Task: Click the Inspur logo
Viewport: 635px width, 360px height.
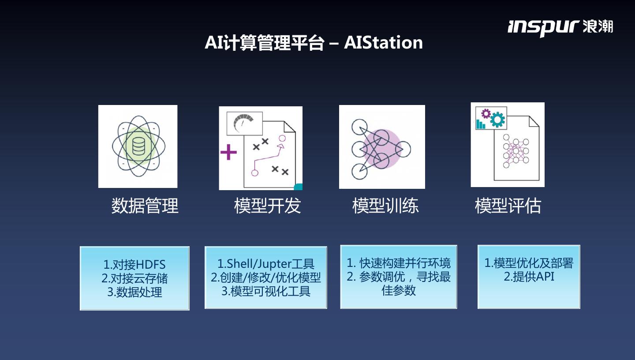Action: pyautogui.click(x=560, y=26)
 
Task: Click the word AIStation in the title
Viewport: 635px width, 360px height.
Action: pyautogui.click(x=383, y=43)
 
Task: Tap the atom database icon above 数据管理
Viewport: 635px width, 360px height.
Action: pyautogui.click(x=138, y=146)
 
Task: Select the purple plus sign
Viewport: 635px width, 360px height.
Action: pyautogui.click(x=228, y=152)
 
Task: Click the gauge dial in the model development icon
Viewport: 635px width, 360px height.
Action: pyautogui.click(x=244, y=123)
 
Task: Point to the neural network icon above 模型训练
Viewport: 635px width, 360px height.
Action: pyautogui.click(x=381, y=147)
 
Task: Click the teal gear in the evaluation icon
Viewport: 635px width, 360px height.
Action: pyautogui.click(x=498, y=119)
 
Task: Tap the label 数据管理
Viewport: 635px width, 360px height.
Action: pyautogui.click(x=145, y=206)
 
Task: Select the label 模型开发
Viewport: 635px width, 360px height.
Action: pyautogui.click(x=267, y=206)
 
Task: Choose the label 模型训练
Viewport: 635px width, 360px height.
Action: pyautogui.click(x=385, y=206)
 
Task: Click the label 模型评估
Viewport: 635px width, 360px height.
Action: pyautogui.click(x=508, y=206)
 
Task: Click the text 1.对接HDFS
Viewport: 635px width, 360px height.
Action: pyautogui.click(x=134, y=265)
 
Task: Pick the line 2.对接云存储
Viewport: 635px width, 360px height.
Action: pyautogui.click(x=134, y=278)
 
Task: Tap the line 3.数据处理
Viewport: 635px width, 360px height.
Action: pyautogui.click(x=134, y=292)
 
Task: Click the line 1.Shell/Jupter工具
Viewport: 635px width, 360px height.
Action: pyautogui.click(x=266, y=264)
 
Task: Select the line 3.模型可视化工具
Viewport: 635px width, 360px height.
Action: pyautogui.click(x=266, y=291)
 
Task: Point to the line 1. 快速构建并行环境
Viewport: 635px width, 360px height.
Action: pyautogui.click(x=399, y=263)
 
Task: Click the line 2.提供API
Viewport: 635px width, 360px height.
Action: pyautogui.click(x=529, y=277)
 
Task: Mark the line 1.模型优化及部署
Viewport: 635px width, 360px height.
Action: pyautogui.click(x=529, y=263)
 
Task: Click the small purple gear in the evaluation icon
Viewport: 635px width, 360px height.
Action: pyautogui.click(x=486, y=114)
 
